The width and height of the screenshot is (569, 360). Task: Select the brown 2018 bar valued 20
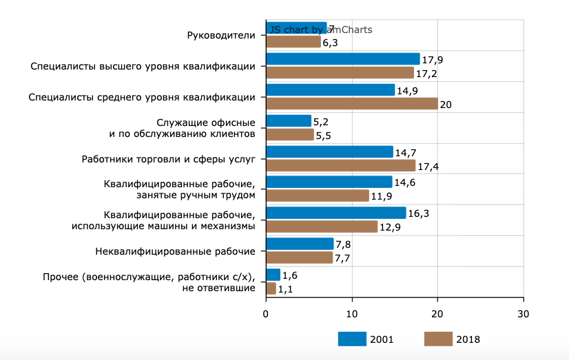351,103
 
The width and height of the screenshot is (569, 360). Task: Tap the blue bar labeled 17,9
342,59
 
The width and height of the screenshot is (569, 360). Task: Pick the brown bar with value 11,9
317,196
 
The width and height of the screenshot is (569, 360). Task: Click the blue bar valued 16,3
335,213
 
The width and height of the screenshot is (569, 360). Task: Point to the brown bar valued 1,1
271,288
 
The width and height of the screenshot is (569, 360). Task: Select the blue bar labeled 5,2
288,121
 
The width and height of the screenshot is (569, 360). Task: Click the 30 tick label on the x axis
524,313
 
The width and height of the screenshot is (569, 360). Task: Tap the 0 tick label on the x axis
266,313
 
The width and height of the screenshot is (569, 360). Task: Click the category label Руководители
221,35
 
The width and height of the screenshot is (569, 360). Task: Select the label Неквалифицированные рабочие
175,251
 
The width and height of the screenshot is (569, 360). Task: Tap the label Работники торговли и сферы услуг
169,159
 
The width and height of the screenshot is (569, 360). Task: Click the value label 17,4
429,166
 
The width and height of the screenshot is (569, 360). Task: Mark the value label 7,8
344,244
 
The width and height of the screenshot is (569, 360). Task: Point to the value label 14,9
408,90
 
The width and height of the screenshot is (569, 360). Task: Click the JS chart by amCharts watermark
321,30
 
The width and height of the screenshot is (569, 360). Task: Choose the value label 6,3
333,42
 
